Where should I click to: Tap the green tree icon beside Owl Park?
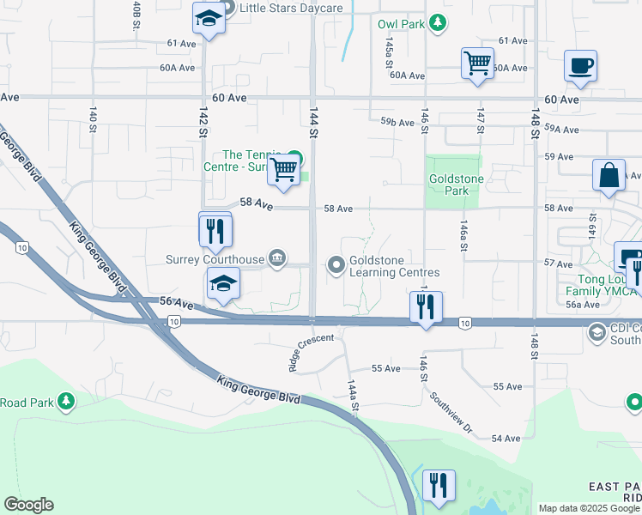click(x=438, y=23)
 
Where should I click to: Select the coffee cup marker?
click(x=580, y=67)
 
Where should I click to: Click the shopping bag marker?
click(x=609, y=175)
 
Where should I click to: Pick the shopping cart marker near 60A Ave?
click(x=476, y=64)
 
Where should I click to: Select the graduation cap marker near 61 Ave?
click(x=209, y=19)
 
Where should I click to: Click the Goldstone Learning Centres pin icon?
click(x=336, y=265)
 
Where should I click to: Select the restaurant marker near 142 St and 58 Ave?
click(x=215, y=230)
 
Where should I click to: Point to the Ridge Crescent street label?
click(x=310, y=352)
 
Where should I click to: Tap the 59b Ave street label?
click(x=397, y=123)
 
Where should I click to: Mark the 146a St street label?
click(x=463, y=234)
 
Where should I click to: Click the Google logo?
click(x=29, y=505)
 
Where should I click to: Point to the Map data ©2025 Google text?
click(x=587, y=508)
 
